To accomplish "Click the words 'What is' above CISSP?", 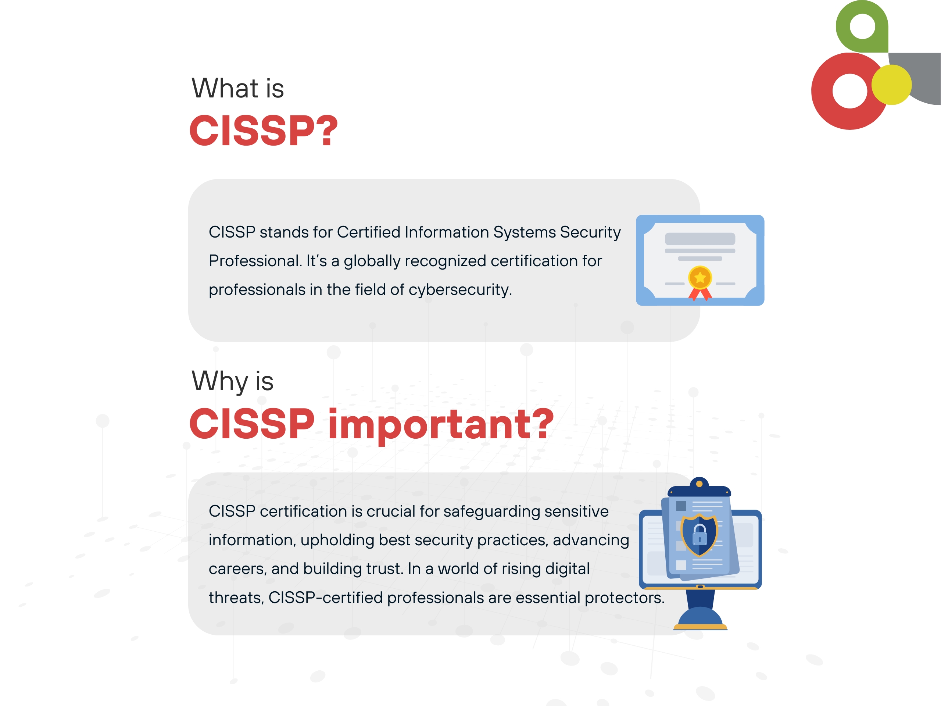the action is [x=237, y=88].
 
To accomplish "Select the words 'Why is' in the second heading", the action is [x=232, y=381].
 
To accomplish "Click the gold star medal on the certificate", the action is [x=700, y=278].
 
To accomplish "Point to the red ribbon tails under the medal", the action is [x=700, y=294].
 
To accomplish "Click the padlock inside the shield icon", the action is [x=700, y=535].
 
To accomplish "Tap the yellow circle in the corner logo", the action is [x=891, y=85].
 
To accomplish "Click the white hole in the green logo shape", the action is [x=862, y=26].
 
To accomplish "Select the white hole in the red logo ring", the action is [x=849, y=91].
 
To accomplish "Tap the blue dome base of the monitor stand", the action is [x=700, y=616].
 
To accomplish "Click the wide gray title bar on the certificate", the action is [x=700, y=239].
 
